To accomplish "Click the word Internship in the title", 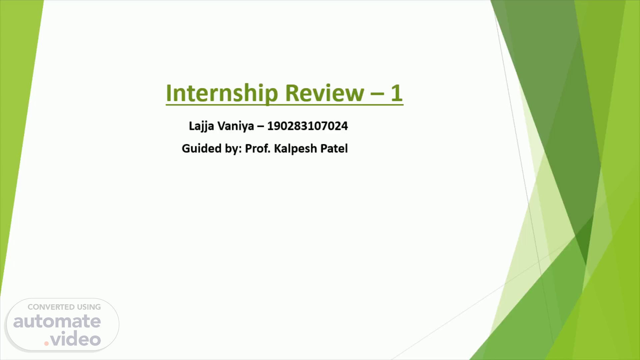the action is click(x=222, y=93).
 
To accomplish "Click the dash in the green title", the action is click(x=377, y=94).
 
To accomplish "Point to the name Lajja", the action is click(x=201, y=126).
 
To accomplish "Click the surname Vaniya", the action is click(x=235, y=126).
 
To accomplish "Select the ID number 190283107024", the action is click(x=307, y=126).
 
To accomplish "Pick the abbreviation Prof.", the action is click(x=258, y=148).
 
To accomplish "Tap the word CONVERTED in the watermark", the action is click(x=51, y=307).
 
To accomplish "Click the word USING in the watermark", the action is click(x=89, y=307).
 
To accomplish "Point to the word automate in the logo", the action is click(x=57, y=321).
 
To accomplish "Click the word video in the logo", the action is click(x=76, y=339).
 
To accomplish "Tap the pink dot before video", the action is click(x=47, y=343).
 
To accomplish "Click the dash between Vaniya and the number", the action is click(x=260, y=127).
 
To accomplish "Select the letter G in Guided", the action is click(x=185, y=148).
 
